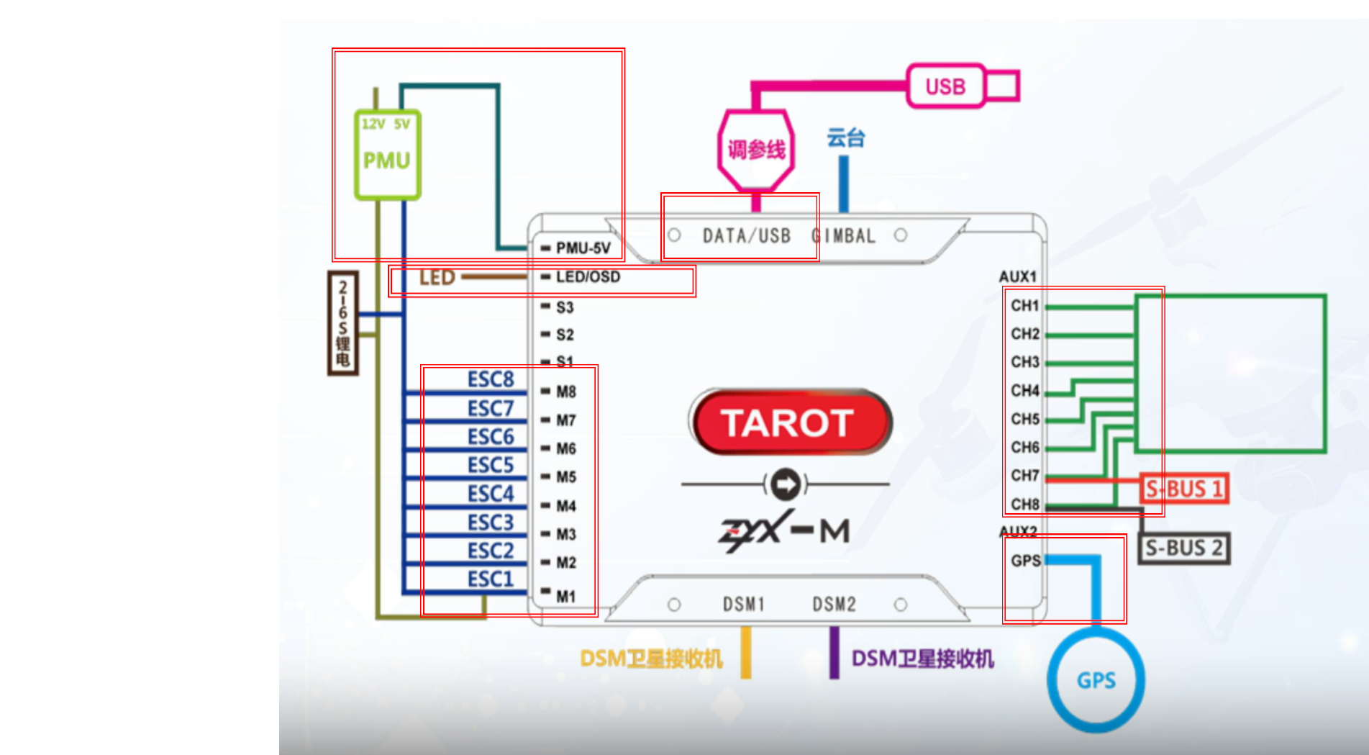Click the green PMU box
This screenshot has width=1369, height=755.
(387, 155)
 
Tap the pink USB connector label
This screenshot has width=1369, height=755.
(945, 86)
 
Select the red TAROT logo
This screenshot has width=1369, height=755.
(790, 422)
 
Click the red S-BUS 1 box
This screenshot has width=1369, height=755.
(1183, 489)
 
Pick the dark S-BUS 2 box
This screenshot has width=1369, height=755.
(1183, 548)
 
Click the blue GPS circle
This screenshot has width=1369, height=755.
(1096, 680)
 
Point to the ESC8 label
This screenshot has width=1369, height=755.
(491, 379)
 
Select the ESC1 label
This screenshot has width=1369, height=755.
(491, 579)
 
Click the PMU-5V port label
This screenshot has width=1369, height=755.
(583, 248)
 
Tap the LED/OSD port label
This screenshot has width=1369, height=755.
(588, 277)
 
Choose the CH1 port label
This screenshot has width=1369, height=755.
(1024, 306)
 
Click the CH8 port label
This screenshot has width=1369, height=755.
(1024, 505)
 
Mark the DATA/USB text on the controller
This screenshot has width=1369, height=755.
(747, 236)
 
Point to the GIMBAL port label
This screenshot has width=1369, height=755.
(844, 236)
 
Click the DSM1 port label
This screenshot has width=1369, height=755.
(744, 605)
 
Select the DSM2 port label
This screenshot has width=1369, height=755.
(834, 605)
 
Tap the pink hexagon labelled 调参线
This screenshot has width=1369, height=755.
(756, 150)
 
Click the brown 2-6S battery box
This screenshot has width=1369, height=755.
(343, 322)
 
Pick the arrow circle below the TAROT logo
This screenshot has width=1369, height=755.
(785, 484)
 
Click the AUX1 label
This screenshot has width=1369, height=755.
(1017, 277)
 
